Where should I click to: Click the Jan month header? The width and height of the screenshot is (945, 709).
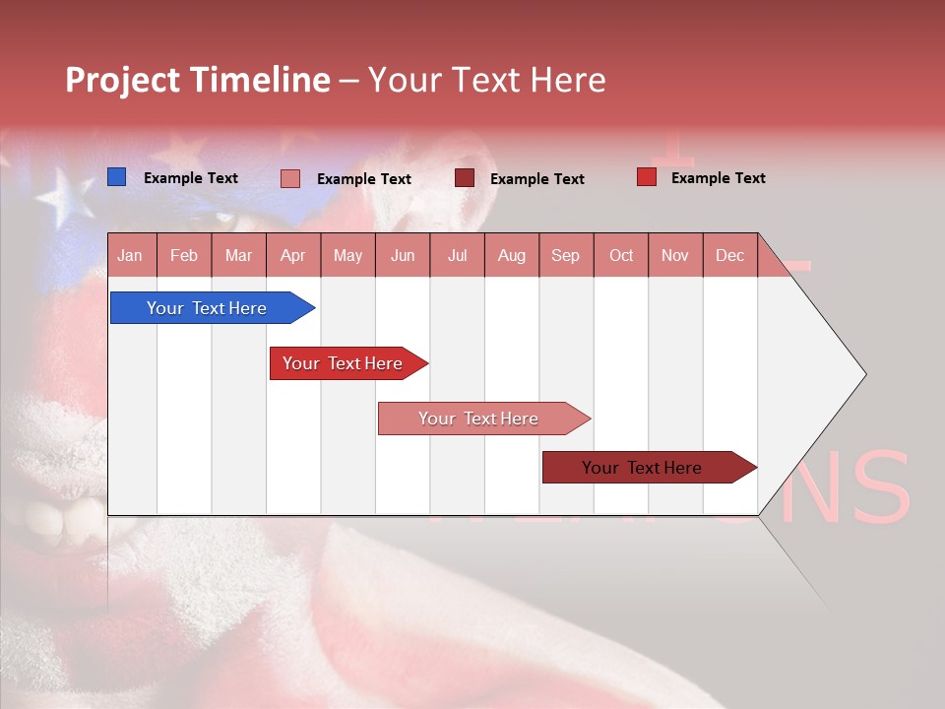(130, 255)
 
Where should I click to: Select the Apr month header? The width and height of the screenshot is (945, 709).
(292, 255)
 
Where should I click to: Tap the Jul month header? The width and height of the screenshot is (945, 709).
(457, 255)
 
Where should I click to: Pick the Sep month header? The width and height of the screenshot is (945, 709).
(565, 255)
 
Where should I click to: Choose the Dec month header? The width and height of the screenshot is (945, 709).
(729, 255)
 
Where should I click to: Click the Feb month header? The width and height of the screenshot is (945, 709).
(184, 255)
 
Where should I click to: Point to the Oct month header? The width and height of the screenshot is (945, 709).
(621, 255)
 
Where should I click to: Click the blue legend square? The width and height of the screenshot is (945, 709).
(116, 177)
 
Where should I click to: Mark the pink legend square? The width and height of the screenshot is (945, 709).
(290, 178)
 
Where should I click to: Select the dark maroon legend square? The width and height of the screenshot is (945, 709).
(465, 178)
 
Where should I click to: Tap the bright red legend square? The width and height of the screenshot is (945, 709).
(646, 177)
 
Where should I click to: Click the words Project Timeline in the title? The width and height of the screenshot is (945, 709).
(198, 80)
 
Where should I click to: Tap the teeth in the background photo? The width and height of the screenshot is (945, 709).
(44, 517)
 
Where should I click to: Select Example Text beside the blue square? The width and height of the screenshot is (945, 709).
(191, 178)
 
